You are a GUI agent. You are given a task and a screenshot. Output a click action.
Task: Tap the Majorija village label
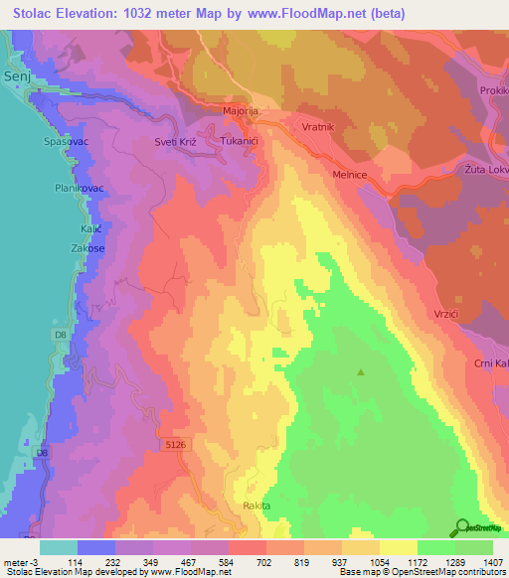point(241,111)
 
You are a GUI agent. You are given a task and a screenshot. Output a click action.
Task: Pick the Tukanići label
point(240,142)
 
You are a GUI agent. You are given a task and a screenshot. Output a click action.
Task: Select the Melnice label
point(351,174)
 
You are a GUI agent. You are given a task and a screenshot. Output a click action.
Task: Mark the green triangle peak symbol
point(361,372)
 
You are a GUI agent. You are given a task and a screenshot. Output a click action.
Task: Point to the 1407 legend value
point(492,561)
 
